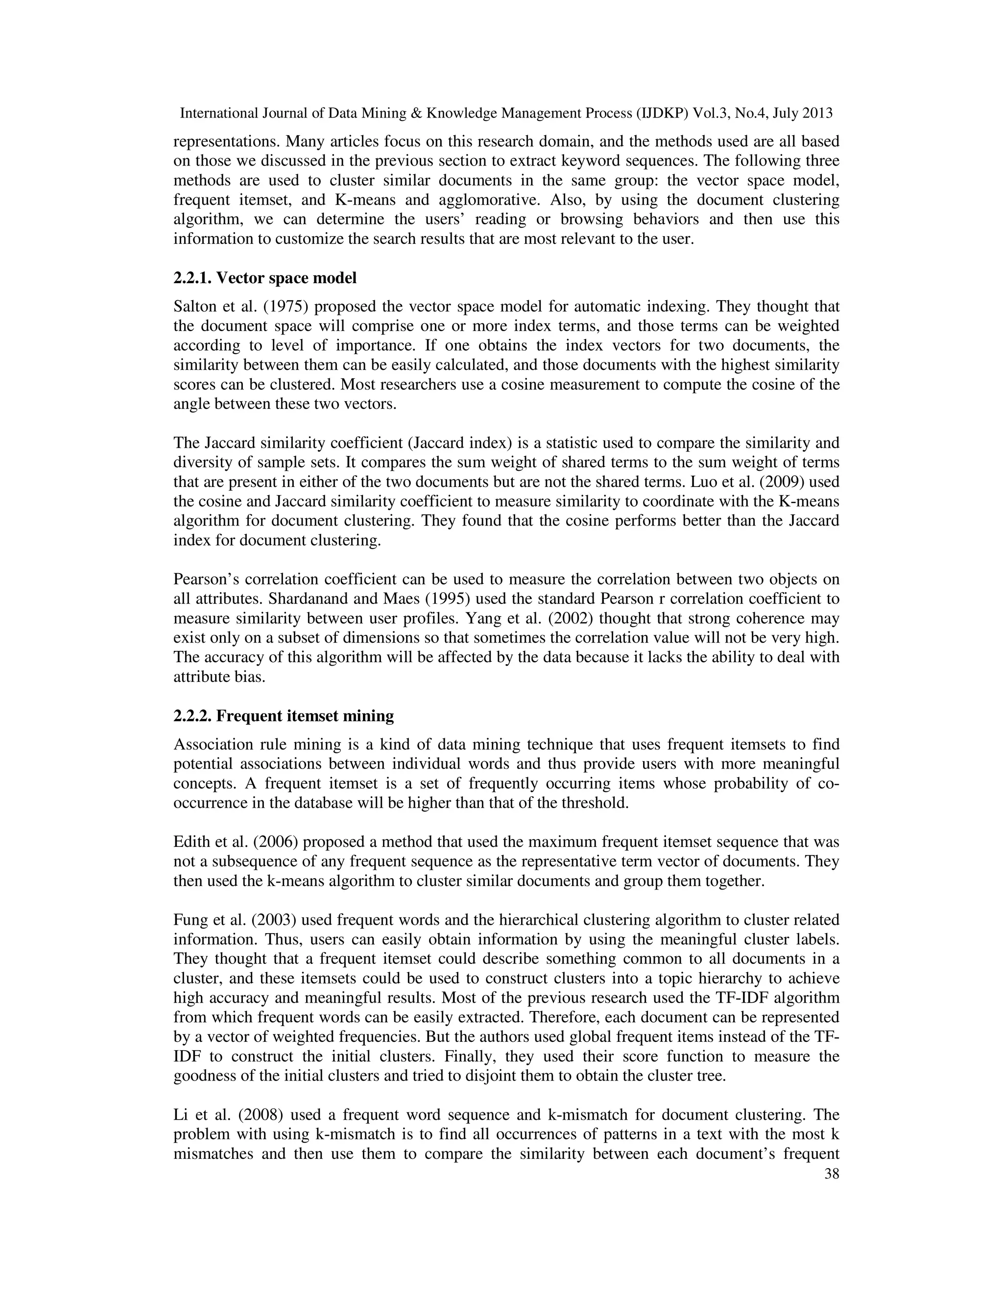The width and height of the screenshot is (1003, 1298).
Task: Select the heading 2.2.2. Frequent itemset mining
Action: coord(284,716)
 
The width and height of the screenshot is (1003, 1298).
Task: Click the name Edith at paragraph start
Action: coord(189,842)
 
